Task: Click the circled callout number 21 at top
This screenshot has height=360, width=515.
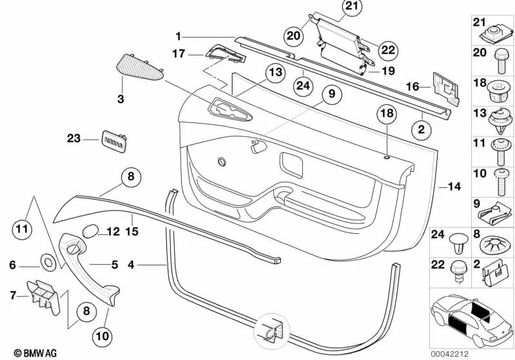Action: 352,6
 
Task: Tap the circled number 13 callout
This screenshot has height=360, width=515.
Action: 276,72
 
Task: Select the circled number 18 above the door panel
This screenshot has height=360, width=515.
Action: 387,113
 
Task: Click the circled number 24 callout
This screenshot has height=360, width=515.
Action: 303,86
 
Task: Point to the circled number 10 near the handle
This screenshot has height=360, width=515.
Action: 102,336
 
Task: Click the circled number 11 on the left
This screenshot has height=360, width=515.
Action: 22,229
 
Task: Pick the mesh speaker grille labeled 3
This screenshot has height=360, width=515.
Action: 140,67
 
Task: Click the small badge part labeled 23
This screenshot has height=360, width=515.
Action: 114,141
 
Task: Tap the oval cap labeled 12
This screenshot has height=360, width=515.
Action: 90,231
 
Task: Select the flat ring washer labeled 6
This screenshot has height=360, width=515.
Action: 48,262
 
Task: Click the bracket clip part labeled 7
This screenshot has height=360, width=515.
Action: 43,296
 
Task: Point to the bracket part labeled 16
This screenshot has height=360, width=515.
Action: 445,89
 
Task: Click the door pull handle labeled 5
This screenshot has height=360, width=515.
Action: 89,267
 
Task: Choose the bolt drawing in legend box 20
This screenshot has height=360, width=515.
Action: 501,61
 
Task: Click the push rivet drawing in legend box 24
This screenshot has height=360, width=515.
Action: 458,243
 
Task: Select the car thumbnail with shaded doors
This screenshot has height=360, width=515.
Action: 472,319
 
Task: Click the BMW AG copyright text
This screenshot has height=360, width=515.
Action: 35,353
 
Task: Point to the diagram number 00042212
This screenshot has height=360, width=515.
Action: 450,354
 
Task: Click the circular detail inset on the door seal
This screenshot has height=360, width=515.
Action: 271,332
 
